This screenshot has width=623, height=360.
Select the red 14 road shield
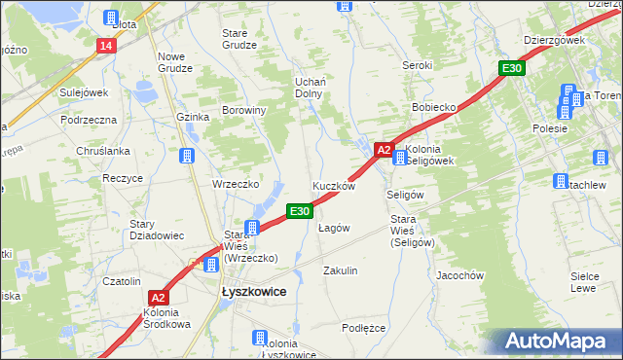106,46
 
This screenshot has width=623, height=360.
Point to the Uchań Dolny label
310,88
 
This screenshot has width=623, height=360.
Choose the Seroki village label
418,65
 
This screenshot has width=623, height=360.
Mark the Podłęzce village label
364,328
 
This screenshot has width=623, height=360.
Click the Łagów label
334,228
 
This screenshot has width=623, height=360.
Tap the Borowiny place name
244,111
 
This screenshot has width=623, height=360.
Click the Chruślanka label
101,151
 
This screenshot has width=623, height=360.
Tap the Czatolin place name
123,281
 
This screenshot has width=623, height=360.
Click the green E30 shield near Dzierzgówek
513,68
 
